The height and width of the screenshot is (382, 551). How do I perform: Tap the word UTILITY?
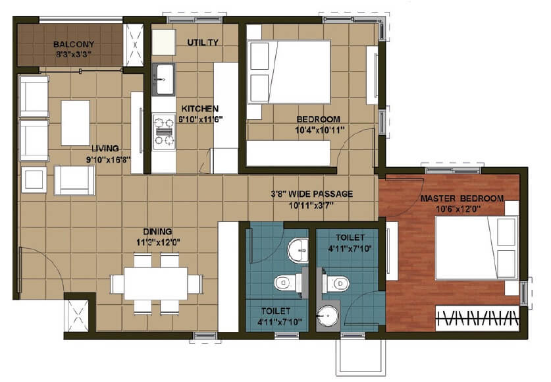(203, 42)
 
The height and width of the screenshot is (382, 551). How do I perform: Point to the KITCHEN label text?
(200, 109)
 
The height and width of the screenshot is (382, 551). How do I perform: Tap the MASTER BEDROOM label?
(462, 198)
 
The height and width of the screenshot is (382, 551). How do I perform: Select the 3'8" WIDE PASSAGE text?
(312, 194)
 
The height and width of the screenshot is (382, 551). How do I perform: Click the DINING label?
(158, 231)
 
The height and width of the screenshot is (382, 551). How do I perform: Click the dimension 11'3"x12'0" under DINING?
(158, 242)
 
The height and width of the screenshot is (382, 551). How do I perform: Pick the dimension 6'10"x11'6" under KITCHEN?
(200, 120)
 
